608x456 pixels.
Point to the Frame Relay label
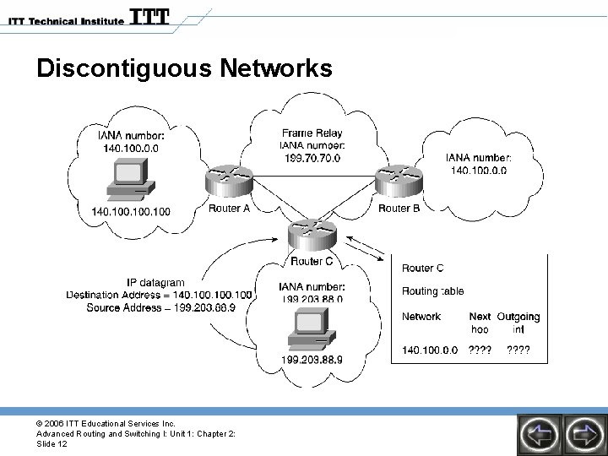312,133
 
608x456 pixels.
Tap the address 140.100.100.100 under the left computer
130,211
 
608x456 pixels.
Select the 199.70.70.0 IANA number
312,158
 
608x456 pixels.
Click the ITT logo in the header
150,17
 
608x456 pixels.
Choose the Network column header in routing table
421,317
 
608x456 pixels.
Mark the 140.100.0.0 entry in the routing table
431,350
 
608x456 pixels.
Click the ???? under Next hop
480,350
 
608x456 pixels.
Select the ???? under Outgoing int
518,350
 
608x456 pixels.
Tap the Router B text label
399,209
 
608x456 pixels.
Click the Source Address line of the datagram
160,307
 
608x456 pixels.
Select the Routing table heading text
432,291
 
